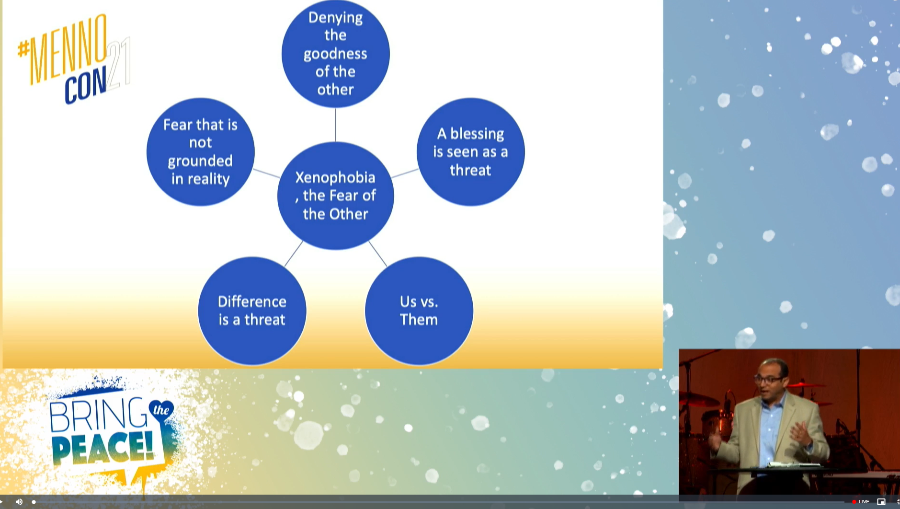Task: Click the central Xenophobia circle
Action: point(336,196)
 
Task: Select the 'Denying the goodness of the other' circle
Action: point(336,53)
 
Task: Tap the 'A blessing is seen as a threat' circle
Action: point(471,152)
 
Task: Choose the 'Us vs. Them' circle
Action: point(419,311)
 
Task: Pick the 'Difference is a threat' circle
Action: point(252,311)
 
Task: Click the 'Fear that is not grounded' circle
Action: point(201,152)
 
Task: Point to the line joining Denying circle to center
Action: point(336,125)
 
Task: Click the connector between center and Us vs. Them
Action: point(378,254)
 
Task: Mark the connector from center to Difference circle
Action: point(294,254)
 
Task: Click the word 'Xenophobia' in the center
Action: point(335,177)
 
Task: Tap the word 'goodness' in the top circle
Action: point(335,54)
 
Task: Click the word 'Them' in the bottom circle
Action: point(419,319)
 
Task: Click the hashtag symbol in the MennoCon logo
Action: point(23,49)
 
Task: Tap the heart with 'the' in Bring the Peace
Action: point(161,410)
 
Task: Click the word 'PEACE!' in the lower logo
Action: point(103,448)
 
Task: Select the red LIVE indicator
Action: point(861,502)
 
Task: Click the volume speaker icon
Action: point(19,502)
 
